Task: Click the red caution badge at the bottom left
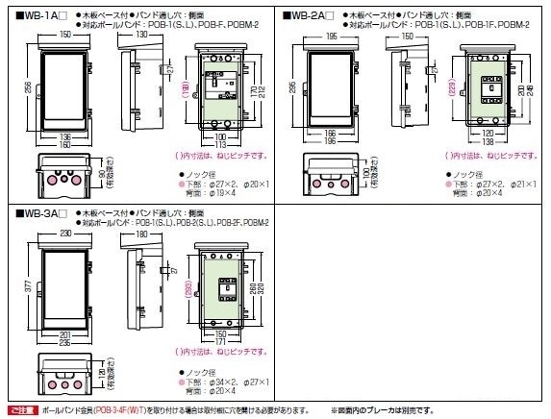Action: (x=21, y=410)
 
